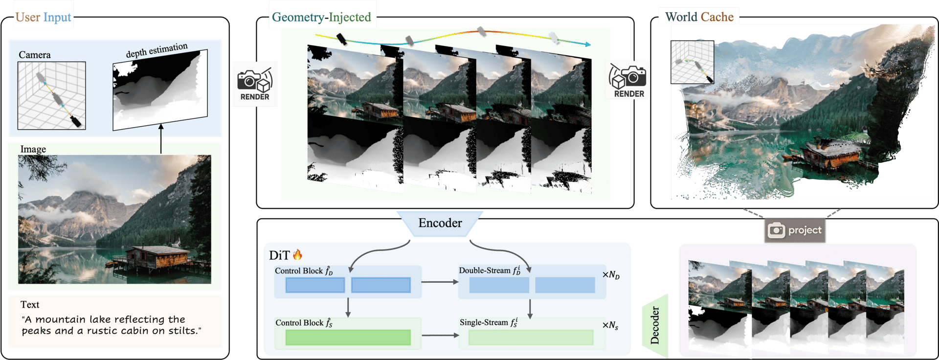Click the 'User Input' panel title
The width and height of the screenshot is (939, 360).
pos(43,18)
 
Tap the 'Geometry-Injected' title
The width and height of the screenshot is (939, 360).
pos(321,18)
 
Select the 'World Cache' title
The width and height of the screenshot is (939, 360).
pos(699,17)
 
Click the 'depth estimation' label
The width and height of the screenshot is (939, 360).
pos(156,50)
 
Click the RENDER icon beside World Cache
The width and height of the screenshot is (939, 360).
pos(628,81)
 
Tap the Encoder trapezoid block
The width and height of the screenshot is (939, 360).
pos(440,224)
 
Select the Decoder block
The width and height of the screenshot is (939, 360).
pos(655,325)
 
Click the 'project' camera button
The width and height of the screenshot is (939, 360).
pos(795,230)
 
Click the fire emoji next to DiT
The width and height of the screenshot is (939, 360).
pos(297,255)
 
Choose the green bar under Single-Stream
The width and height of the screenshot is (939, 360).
pos(531,337)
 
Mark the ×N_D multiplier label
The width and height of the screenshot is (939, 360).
pos(611,275)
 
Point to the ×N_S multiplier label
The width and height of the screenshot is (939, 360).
pos(610,326)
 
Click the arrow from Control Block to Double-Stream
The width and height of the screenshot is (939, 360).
pos(439,282)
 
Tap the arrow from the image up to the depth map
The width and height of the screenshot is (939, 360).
pos(161,139)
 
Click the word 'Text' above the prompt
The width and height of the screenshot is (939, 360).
pos(30,305)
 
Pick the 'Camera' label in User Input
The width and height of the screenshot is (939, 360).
pos(34,55)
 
